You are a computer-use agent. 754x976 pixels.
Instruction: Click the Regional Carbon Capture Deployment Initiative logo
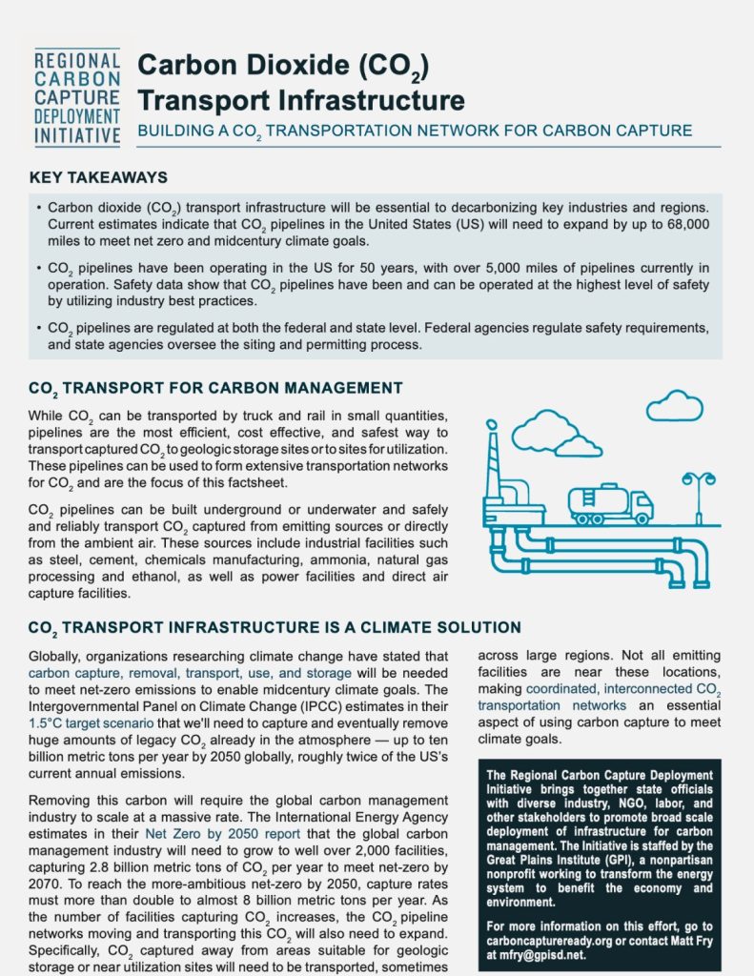click(x=76, y=97)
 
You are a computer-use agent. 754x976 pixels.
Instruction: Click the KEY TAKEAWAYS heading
click(x=99, y=178)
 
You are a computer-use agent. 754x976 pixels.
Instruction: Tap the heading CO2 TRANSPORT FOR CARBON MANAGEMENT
click(x=215, y=388)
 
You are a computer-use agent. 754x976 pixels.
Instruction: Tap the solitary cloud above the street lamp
click(x=674, y=407)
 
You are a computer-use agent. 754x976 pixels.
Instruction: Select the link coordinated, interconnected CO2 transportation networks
click(x=601, y=698)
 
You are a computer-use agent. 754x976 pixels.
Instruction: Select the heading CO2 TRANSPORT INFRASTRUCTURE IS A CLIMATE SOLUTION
click(x=275, y=627)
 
